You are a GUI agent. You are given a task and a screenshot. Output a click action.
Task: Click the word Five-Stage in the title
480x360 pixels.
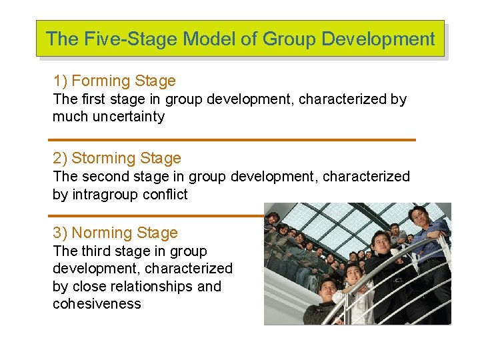point(112,39)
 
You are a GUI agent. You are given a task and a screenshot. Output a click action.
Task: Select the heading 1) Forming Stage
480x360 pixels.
point(114,81)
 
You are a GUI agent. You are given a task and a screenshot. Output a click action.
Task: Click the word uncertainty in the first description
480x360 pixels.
point(129,117)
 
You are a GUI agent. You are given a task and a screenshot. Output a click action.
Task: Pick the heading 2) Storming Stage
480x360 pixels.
point(117,159)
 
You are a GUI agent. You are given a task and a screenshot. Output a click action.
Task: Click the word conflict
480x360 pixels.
point(165,195)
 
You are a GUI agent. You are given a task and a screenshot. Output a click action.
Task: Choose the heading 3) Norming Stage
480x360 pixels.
point(115,233)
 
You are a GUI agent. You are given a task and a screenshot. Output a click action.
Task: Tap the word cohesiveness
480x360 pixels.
point(97,304)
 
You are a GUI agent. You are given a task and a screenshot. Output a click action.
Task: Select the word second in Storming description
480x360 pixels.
point(103,177)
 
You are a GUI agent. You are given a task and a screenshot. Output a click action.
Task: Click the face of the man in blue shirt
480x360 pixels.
point(418,216)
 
